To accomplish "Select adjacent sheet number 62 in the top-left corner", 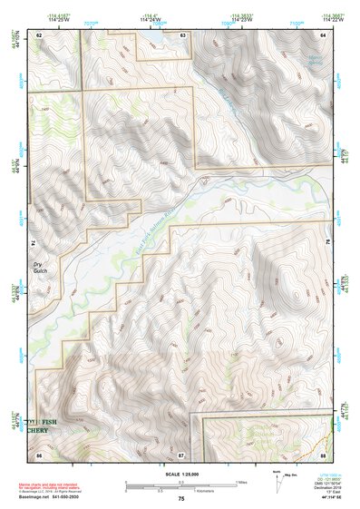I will (39, 35).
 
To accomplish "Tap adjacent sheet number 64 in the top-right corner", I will (322, 35).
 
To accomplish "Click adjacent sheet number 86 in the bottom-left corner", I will (39, 454).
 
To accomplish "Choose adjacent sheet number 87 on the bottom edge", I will (181, 454).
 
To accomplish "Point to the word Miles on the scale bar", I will (240, 481).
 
